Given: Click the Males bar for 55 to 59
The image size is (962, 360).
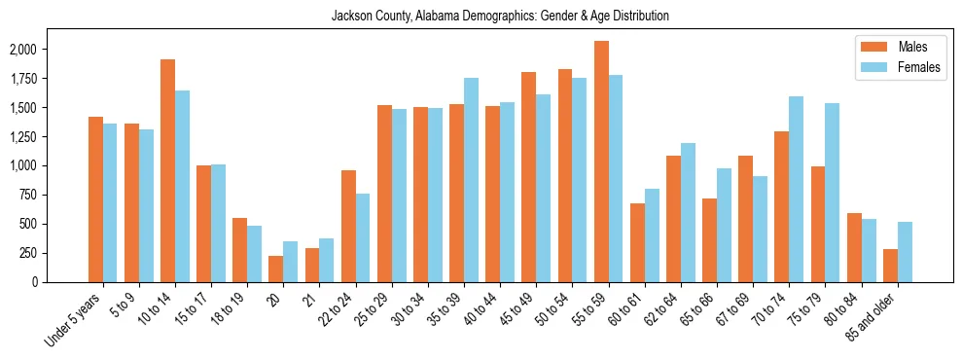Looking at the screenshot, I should pyautogui.click(x=601, y=162).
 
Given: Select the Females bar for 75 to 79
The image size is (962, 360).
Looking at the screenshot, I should pyautogui.click(x=832, y=193).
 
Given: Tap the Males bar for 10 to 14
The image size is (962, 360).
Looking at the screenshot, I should pyautogui.click(x=167, y=170).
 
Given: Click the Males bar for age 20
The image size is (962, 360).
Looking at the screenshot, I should pyautogui.click(x=275, y=269).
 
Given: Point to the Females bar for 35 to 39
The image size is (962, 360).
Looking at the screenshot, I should pyautogui.click(x=471, y=180).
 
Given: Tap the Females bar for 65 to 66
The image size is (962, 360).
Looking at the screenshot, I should pyautogui.click(x=724, y=225).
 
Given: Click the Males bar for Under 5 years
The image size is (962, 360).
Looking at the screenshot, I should pyautogui.click(x=95, y=199).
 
